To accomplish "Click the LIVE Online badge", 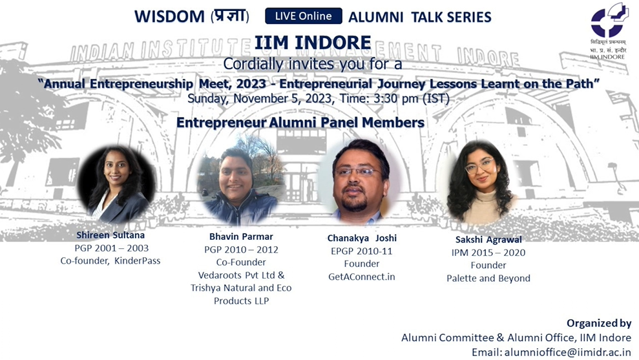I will point(303,16).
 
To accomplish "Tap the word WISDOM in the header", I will point(169,16).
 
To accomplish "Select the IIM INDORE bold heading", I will point(313,43).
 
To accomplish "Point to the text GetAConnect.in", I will point(361,276).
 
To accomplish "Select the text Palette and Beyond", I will point(488,278).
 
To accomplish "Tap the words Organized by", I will point(598,323).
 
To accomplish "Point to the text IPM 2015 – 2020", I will point(488,253).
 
